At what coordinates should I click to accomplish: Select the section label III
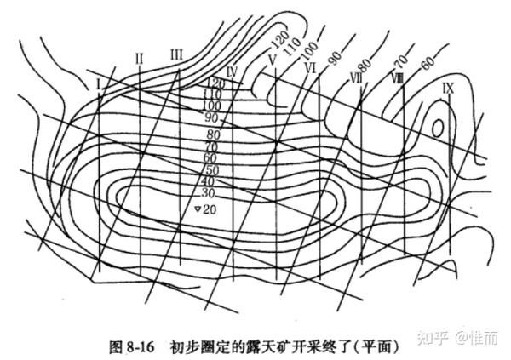(176, 54)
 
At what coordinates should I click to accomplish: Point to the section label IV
(231, 71)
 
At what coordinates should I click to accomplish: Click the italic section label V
(270, 60)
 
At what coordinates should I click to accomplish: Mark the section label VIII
(397, 77)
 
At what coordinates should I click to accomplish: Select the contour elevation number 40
(208, 182)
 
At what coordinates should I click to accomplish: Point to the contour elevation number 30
(208, 194)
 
